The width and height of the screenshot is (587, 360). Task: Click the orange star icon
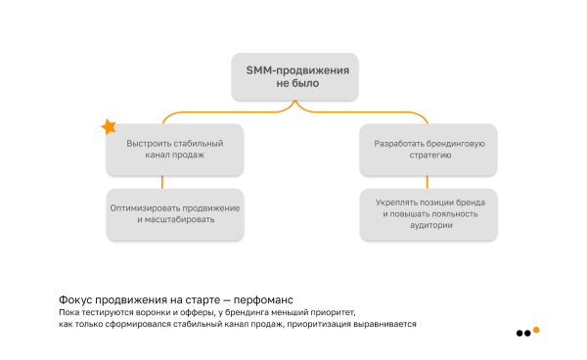[109, 127]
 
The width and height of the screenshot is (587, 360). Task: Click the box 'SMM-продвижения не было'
[296, 76]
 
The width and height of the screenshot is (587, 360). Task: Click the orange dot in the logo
[536, 331]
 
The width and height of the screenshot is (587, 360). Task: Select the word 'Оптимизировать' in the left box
[144, 208]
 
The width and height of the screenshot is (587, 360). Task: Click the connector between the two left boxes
[161, 182]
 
